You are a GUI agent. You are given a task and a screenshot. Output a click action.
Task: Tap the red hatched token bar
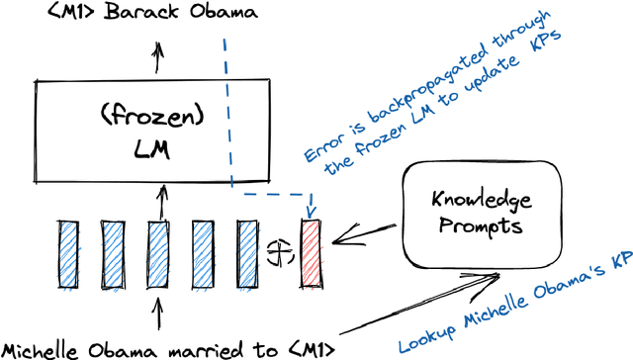pos(312,253)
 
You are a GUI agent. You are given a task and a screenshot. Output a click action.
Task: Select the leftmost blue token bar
pos(69,254)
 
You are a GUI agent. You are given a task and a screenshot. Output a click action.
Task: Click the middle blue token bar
pos(158,254)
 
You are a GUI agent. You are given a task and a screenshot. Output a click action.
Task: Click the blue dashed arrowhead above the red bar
pos(310,211)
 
